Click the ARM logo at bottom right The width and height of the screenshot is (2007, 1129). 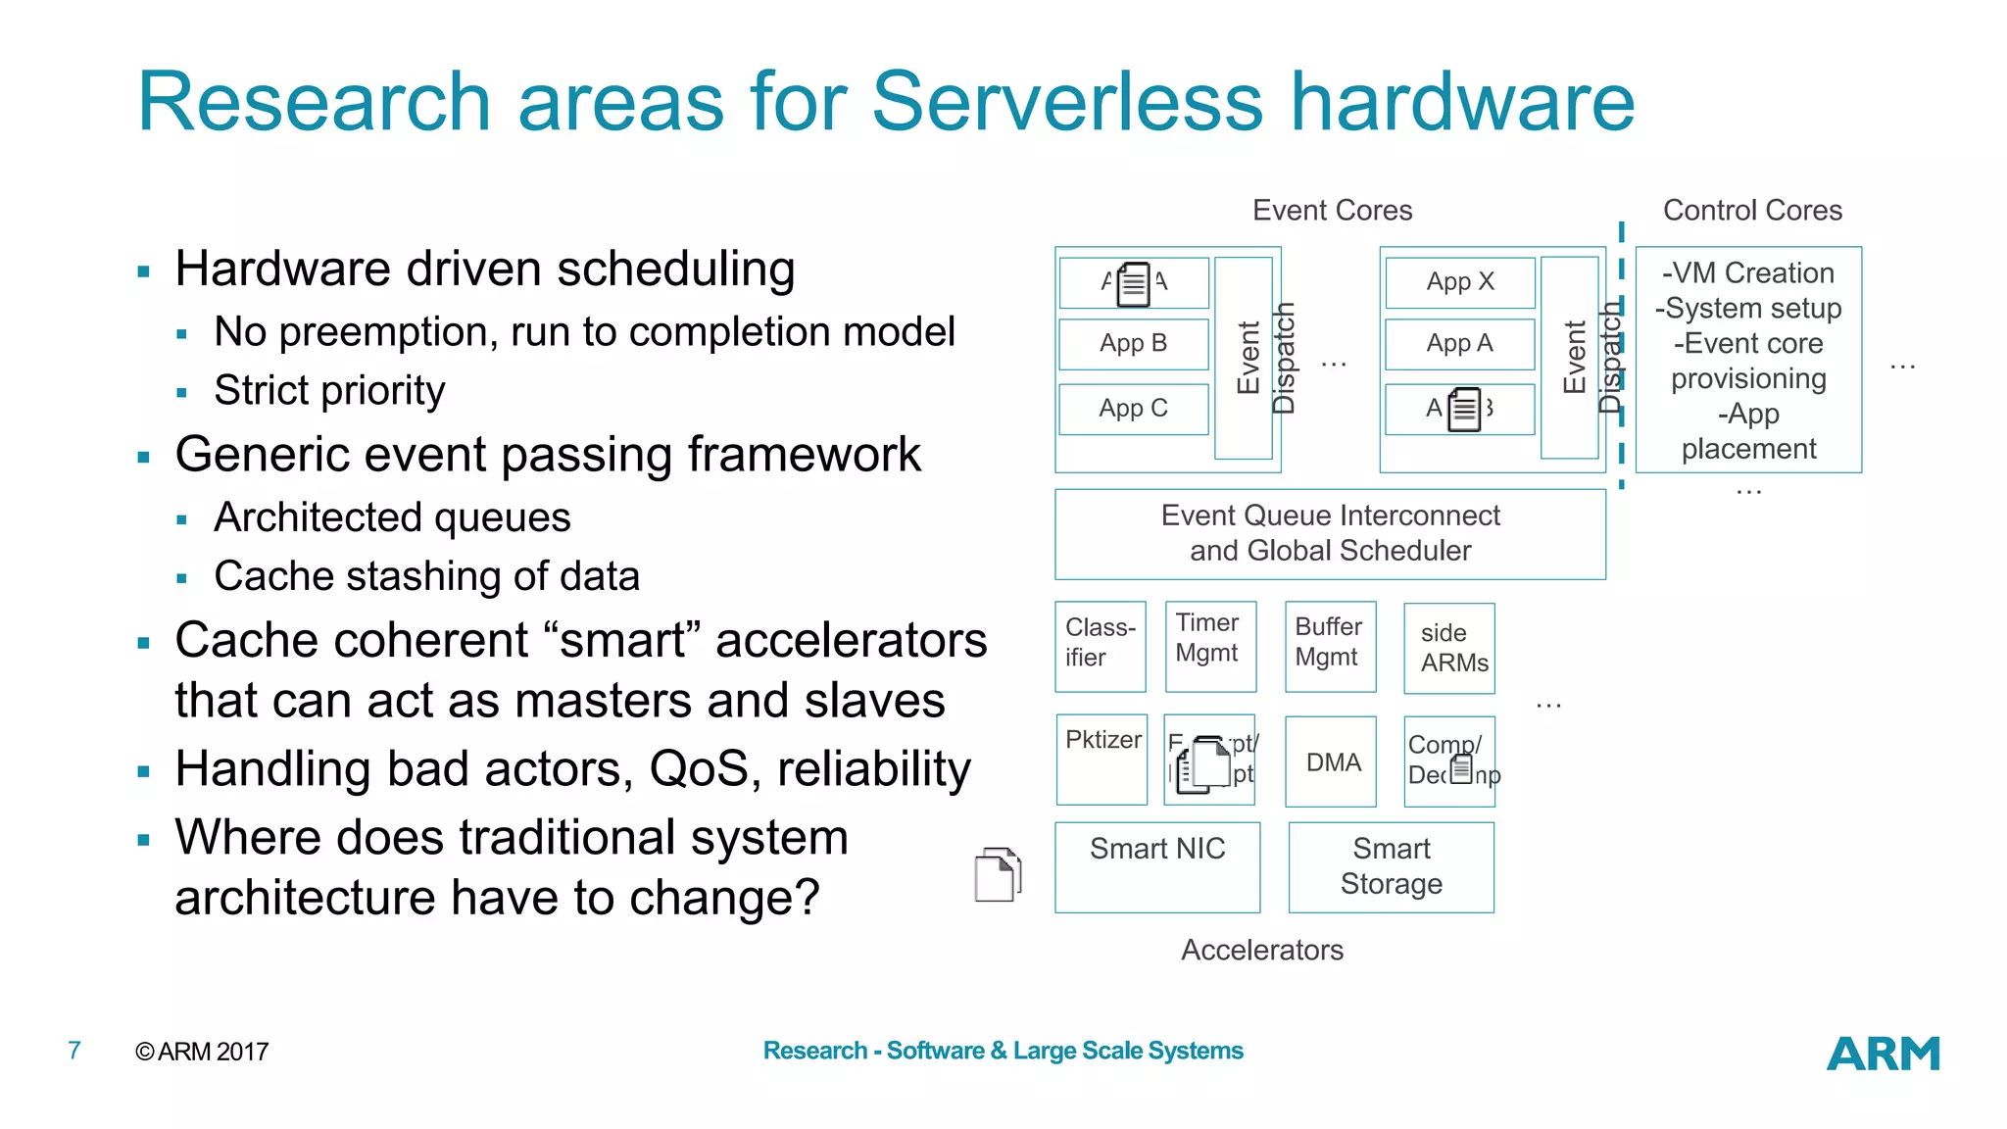pos(1883,1054)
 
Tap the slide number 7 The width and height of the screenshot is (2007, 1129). pos(74,1051)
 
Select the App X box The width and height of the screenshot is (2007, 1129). pos(1459,282)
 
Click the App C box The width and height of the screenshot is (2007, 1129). pos(1133,409)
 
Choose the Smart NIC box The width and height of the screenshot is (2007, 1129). pos(1156,866)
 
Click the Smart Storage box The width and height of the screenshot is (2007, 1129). pos(1391,866)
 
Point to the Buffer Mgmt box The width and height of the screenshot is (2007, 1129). pos(1330,646)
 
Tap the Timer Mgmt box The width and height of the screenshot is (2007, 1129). pos(1210,646)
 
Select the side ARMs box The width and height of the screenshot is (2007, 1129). pos(1449,648)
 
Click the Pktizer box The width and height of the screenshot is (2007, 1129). pos(1101,759)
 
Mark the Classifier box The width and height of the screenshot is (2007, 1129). pos(1100,646)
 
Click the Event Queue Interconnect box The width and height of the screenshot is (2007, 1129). pos(1330,533)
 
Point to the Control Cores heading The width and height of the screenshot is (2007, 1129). pos(1752,211)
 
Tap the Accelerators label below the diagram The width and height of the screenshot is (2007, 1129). pos(1262,950)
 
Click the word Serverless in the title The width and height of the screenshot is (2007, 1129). pos(1067,102)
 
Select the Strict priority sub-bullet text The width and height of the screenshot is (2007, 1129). pos(329,391)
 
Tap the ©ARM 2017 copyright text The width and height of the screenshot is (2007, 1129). pos(202,1052)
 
